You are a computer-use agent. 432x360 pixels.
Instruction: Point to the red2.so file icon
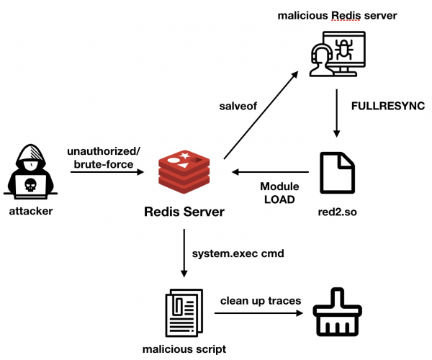(x=336, y=173)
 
